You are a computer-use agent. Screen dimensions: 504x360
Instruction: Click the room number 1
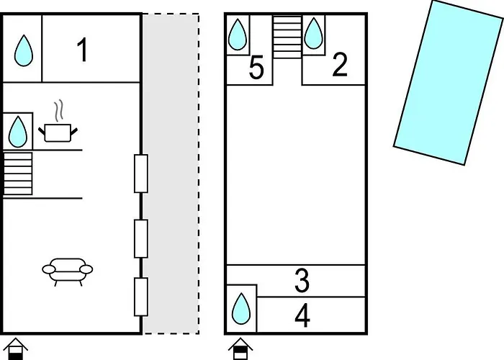82,50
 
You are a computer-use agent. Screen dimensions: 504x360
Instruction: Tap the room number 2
340,65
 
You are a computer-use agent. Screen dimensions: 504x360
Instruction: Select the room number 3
302,281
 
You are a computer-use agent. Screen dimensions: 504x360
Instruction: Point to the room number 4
302,315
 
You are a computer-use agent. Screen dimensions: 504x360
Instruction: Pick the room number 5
256,68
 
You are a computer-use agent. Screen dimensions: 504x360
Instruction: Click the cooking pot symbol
58,122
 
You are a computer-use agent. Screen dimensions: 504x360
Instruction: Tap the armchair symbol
68,272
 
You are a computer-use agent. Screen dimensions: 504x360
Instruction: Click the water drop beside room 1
24,51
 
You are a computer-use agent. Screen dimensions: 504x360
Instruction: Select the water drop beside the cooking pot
18,132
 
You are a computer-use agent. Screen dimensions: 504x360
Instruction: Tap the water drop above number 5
238,35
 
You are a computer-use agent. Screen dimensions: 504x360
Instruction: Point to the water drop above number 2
313,33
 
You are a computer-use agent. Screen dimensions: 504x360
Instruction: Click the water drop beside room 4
241,308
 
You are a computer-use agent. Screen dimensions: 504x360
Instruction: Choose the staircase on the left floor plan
18,174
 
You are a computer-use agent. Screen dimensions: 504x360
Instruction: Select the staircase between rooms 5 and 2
287,37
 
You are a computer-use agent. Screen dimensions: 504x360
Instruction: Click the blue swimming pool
449,83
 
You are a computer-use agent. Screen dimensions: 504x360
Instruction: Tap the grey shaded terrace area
171,174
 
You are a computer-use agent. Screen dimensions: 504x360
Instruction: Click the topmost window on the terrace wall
141,174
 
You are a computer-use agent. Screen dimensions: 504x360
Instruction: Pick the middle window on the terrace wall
141,238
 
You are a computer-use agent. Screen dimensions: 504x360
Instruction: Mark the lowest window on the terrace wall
141,297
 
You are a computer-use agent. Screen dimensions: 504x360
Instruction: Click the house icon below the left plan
15,348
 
